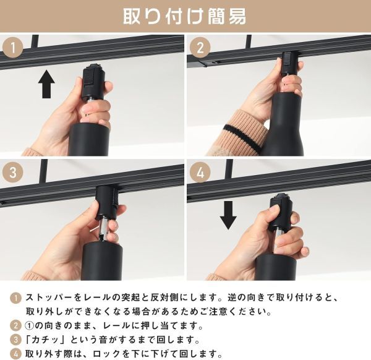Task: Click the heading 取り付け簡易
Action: tap(184, 17)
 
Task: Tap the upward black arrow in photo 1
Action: tap(46, 84)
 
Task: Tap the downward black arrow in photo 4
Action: tap(228, 215)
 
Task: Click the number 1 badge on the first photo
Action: tap(13, 48)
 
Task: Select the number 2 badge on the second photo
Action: tap(200, 48)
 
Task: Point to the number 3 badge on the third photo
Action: tap(13, 172)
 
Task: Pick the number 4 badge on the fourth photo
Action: tap(200, 172)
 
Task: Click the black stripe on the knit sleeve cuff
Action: tap(242, 137)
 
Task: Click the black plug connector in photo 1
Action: tap(93, 81)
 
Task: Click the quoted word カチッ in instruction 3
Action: tap(45, 340)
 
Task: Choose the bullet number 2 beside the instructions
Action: tap(15, 326)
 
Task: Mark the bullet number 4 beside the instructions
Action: tap(15, 354)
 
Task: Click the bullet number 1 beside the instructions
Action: tap(15, 298)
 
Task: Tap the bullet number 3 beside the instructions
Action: tap(15, 340)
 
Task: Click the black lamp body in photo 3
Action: tap(102, 261)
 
